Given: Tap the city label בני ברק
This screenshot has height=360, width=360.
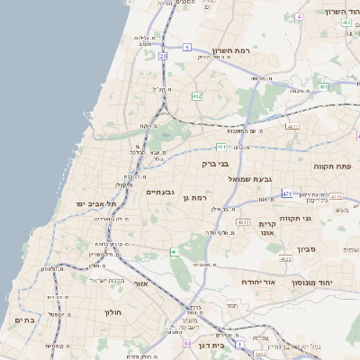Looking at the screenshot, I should pyautogui.click(x=216, y=165).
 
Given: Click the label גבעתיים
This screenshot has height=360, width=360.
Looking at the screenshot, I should pyautogui.click(x=159, y=192).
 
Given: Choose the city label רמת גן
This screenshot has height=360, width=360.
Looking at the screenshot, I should pyautogui.click(x=193, y=197).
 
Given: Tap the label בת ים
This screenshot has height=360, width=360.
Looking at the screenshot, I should pyautogui.click(x=24, y=319).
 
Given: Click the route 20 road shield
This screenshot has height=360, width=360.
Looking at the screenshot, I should pyautogui.click(x=163, y=56).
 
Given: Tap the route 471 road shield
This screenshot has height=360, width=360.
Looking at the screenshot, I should pyautogui.click(x=287, y=193).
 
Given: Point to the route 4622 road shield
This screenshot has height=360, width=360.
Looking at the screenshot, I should pyautogui.click(x=285, y=258).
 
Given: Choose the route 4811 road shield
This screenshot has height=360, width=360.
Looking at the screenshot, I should pyautogui.click(x=292, y=127).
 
